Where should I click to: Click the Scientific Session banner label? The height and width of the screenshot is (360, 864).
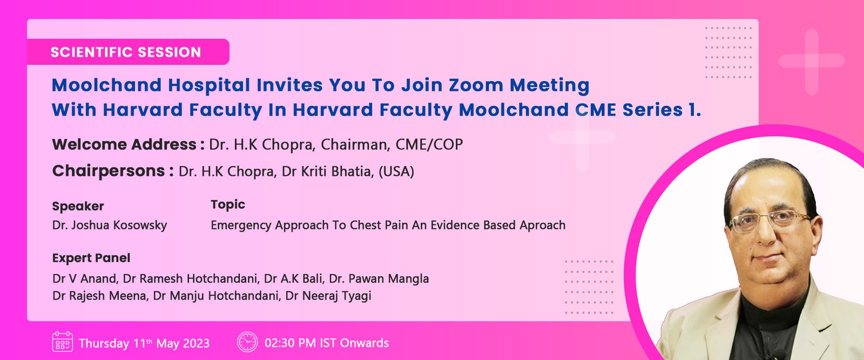tap(126, 52)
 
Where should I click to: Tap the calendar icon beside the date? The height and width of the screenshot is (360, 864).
tap(62, 342)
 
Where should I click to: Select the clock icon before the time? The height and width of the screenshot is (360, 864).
tap(247, 342)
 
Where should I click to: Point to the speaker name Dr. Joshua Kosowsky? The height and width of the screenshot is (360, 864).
tap(110, 225)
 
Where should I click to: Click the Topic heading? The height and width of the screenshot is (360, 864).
tap(228, 205)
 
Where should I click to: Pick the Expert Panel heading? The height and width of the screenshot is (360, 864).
tap(91, 258)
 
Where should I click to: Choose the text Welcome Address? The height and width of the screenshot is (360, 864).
tap(124, 145)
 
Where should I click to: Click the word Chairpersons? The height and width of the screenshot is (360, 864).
tap(109, 171)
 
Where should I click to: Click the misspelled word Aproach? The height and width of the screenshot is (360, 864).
tap(542, 225)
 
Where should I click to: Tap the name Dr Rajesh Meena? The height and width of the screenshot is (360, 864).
tap(100, 296)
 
